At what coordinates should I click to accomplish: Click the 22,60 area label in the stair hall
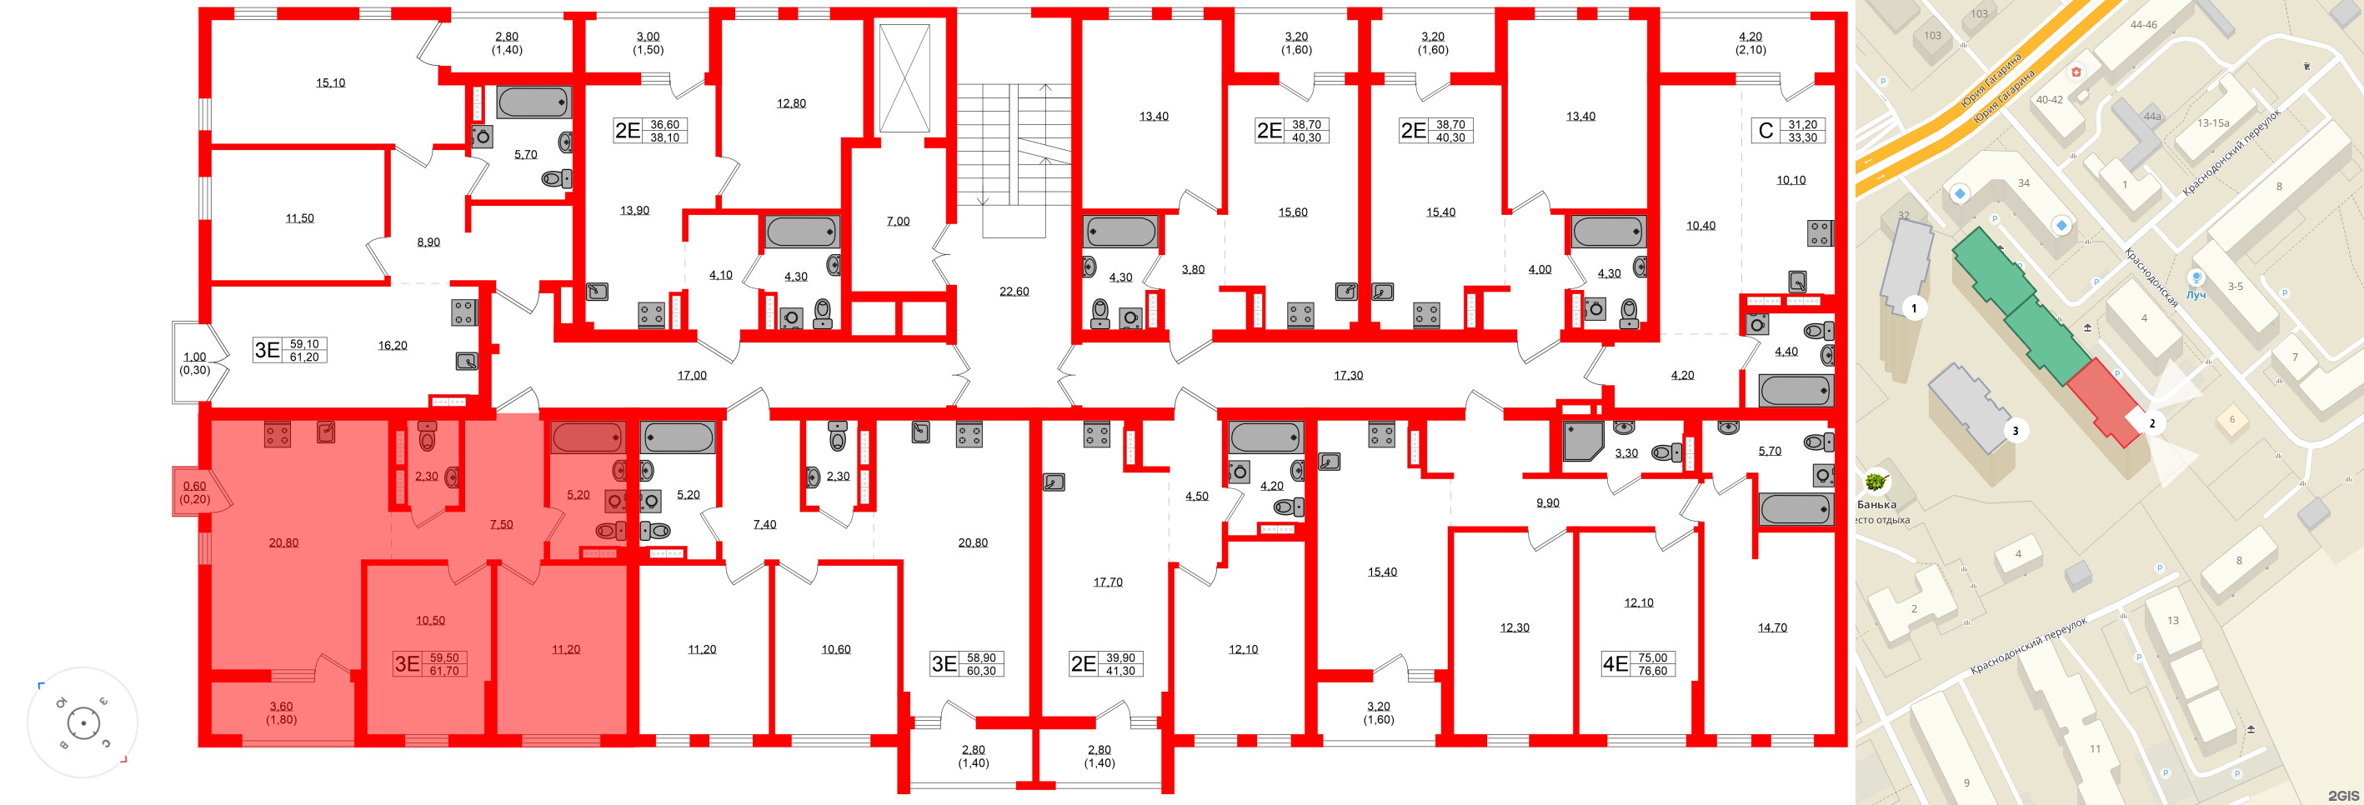1014,292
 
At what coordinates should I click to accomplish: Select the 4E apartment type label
1615,663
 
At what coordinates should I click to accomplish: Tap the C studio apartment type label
1765,130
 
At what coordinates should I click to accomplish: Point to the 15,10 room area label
330,82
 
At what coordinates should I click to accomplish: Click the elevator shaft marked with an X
904,78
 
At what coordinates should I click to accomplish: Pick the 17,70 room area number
1108,582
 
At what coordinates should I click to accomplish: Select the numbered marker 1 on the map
1915,308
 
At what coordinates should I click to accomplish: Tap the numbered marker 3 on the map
2016,431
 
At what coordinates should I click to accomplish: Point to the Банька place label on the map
1876,505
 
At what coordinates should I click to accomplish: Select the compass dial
83,722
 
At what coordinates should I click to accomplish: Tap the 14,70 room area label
1772,627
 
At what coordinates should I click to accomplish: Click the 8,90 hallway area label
428,242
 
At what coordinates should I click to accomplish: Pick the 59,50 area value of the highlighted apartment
444,658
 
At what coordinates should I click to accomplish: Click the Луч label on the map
2195,296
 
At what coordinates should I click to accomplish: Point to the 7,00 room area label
898,221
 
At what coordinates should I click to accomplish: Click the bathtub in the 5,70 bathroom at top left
534,102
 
